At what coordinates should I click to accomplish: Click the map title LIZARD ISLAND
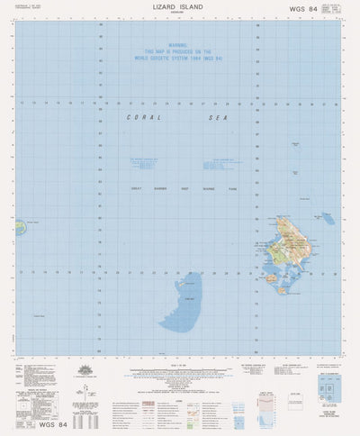tap(179, 7)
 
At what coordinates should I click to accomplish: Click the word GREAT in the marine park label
tap(138, 188)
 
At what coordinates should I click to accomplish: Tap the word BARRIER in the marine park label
tap(163, 188)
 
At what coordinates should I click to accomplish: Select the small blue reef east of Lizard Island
tap(328, 218)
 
